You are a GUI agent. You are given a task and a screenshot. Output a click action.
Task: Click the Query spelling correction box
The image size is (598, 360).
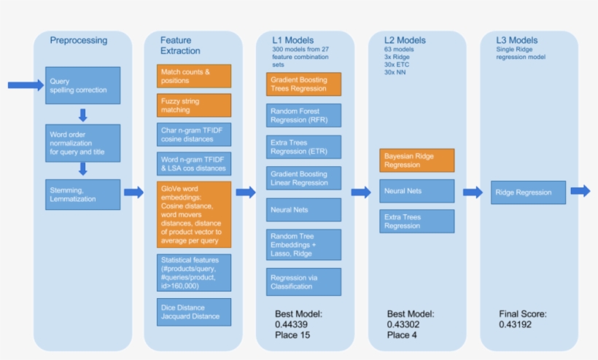pyautogui.click(x=82, y=85)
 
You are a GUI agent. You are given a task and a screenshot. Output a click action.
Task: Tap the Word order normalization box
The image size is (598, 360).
pyautogui.click(x=82, y=140)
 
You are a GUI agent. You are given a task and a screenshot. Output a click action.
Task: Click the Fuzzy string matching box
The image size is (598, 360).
pyautogui.click(x=194, y=105)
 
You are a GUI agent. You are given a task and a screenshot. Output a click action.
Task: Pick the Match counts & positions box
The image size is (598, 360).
pyautogui.click(x=194, y=76)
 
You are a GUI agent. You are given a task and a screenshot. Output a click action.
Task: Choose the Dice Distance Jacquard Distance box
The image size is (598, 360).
pyautogui.click(x=194, y=312)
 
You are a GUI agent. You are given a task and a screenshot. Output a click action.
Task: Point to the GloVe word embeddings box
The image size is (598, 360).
pyautogui.click(x=194, y=214)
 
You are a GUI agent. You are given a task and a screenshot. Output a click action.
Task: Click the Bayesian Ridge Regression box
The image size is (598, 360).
pyautogui.click(x=416, y=160)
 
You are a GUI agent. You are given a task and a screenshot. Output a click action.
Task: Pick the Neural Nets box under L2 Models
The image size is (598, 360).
pyautogui.click(x=416, y=191)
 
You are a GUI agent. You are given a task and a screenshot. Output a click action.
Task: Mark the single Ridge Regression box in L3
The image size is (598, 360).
pyautogui.click(x=524, y=192)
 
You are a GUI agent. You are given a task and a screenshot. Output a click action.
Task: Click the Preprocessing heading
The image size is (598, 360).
pyautogui.click(x=79, y=41)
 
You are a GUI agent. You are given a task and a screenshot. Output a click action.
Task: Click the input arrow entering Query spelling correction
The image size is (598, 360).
pyautogui.click(x=26, y=85)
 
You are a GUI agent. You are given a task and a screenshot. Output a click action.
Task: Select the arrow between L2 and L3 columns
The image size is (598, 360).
pyautogui.click(x=473, y=192)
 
